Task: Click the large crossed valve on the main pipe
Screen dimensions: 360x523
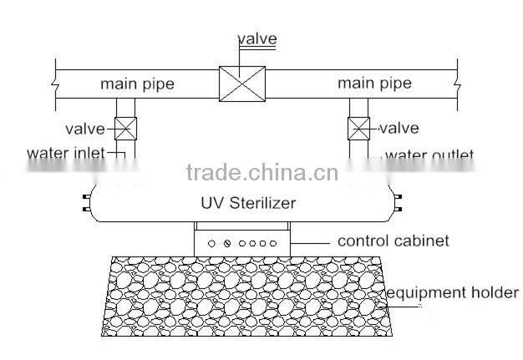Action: [241, 84]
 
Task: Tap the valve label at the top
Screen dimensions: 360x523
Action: [257, 38]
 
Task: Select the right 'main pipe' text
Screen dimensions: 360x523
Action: [374, 84]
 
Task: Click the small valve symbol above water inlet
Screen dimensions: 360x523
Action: [124, 129]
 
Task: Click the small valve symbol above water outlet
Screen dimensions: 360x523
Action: [359, 129]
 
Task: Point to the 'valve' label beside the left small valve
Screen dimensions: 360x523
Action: [84, 129]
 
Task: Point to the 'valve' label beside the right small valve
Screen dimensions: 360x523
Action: [399, 129]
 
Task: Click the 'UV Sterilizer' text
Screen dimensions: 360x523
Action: [248, 203]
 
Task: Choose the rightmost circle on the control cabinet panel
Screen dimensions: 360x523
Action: [272, 242]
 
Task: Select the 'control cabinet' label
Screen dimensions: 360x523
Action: [394, 241]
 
